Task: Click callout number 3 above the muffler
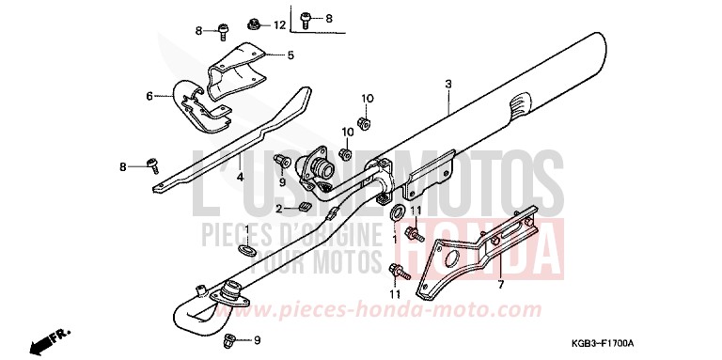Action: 449,85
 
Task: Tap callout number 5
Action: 290,55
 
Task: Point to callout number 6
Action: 149,95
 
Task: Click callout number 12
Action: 279,24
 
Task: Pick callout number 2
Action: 279,208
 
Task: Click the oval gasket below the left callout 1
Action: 246,250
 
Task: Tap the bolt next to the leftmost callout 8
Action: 149,165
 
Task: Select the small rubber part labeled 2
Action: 305,207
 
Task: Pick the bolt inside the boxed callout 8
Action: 306,17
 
